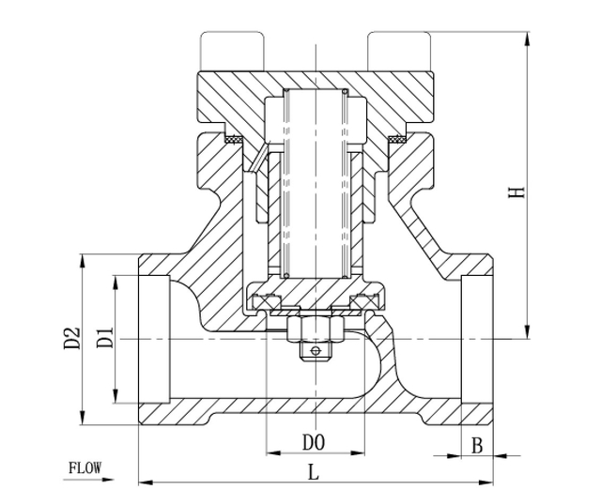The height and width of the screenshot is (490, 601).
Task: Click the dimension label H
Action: pyautogui.click(x=516, y=191)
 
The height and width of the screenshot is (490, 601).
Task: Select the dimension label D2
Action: pyautogui.click(x=71, y=338)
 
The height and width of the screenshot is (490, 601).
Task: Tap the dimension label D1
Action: pyautogui.click(x=104, y=337)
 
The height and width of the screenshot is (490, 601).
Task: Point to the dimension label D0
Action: pyautogui.click(x=314, y=442)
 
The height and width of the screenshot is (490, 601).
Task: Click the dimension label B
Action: pyautogui.click(x=476, y=446)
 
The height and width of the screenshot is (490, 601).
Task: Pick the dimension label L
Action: pyautogui.click(x=314, y=471)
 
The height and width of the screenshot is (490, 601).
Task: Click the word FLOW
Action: pyautogui.click(x=85, y=467)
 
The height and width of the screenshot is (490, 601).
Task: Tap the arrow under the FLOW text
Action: pyautogui.click(x=89, y=480)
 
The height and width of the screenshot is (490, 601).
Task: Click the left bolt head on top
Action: pyautogui.click(x=232, y=52)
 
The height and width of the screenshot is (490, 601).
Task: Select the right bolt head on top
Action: pyautogui.click(x=399, y=52)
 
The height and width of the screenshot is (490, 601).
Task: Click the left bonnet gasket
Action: pyautogui.click(x=233, y=139)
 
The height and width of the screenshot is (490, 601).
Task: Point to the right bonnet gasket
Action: pyautogui.click(x=397, y=139)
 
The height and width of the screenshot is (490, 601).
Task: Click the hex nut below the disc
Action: pyautogui.click(x=316, y=329)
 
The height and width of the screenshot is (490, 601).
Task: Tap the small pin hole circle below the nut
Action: pyautogui.click(x=316, y=350)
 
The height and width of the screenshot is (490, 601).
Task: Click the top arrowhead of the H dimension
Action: pyautogui.click(x=528, y=38)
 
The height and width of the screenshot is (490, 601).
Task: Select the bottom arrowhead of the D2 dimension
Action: pyautogui.click(x=82, y=418)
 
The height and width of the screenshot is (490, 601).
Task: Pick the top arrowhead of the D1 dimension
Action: pyautogui.click(x=116, y=283)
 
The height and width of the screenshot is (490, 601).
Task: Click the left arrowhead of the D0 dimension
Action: pyautogui.click(x=273, y=453)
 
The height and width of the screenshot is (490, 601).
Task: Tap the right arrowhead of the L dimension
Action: pyautogui.click(x=485, y=482)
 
